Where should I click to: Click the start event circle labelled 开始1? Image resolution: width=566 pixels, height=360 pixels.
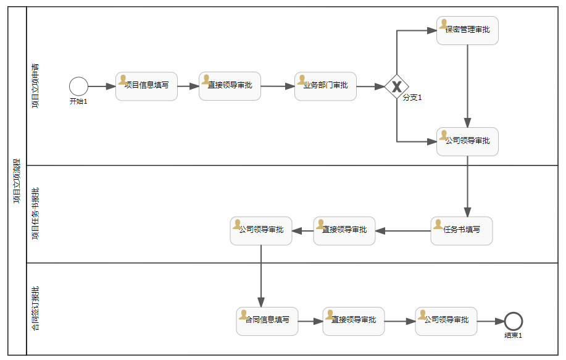(x=78, y=86)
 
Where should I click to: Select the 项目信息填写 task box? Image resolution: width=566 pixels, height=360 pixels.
(x=146, y=86)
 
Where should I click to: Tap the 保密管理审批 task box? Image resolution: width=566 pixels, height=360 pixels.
(x=467, y=30)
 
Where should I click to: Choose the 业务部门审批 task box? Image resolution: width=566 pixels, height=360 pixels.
(x=325, y=86)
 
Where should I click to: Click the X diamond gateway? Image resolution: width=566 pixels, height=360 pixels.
(x=397, y=86)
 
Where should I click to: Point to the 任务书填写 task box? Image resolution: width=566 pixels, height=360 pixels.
(x=461, y=231)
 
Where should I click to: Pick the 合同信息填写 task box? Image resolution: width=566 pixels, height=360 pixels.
(x=267, y=321)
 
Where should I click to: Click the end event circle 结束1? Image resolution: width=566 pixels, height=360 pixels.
(x=513, y=321)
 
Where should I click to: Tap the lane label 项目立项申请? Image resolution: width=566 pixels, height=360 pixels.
(x=35, y=86)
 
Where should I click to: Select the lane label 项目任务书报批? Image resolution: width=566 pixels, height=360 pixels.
(x=35, y=214)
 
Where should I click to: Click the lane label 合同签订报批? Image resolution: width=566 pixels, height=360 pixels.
(x=35, y=309)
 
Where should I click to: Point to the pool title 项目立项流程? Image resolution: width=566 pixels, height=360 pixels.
(x=17, y=181)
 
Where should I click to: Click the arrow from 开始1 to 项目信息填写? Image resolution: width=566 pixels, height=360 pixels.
(x=101, y=86)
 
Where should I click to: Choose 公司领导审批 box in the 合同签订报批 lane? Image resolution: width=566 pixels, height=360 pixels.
(x=446, y=321)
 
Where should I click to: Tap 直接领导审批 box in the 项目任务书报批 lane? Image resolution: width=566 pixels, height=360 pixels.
(x=344, y=231)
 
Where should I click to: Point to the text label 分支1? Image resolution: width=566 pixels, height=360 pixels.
(x=412, y=98)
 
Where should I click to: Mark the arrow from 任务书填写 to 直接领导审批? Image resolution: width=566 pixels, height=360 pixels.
(x=402, y=231)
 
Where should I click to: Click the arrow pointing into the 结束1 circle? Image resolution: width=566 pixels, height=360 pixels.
(x=491, y=321)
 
